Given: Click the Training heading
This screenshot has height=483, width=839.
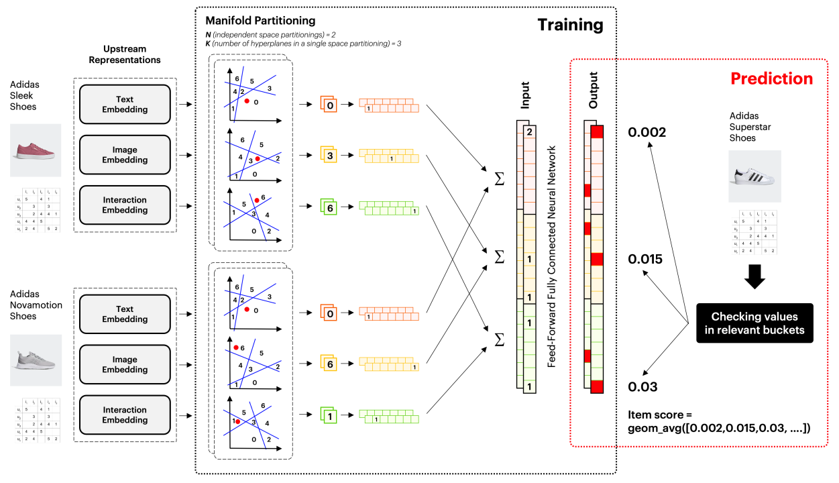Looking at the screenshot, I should pyautogui.click(x=570, y=25).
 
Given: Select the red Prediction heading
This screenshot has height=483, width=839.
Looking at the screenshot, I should pyautogui.click(x=771, y=78).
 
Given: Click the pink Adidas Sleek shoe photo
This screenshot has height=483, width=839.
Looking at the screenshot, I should pyautogui.click(x=36, y=151).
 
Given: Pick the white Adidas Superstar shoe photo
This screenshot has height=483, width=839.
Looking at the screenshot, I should pyautogui.click(x=754, y=176).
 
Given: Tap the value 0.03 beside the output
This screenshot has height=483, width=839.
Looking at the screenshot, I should pyautogui.click(x=643, y=387).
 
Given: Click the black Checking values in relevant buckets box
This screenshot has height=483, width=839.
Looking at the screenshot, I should pyautogui.click(x=754, y=323).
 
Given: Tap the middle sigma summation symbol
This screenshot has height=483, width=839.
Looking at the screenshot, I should pyautogui.click(x=498, y=257).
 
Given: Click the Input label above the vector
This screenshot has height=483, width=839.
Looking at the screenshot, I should pyautogui.click(x=525, y=95).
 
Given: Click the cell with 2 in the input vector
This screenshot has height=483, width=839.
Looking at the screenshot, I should pyautogui.click(x=529, y=132).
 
